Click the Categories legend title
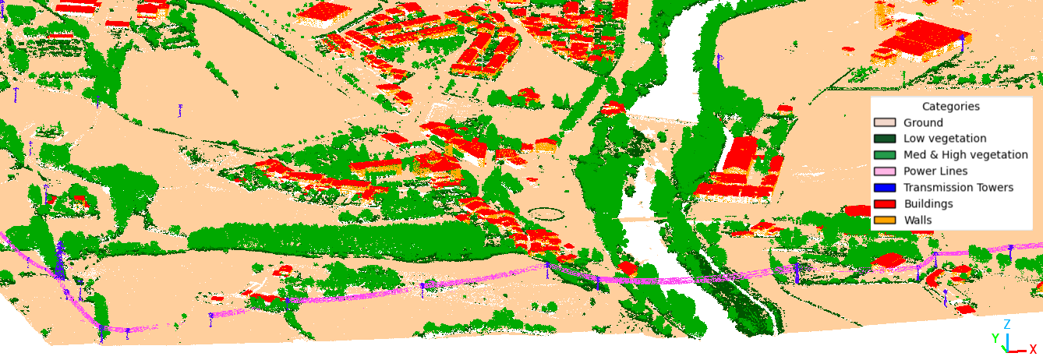click(950, 107)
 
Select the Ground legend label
click(923, 123)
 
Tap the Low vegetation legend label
click(945, 139)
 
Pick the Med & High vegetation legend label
click(965, 155)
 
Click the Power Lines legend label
click(935, 171)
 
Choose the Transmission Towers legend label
click(958, 188)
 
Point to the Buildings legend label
click(928, 204)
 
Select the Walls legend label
click(917, 221)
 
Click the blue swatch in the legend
click(885, 188)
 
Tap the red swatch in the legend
click(885, 204)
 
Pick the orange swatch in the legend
click(885, 221)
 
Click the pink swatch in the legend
click(885, 171)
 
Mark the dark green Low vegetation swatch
click(885, 139)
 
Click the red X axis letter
click(1033, 350)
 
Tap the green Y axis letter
click(995, 338)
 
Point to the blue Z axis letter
click(1007, 324)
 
